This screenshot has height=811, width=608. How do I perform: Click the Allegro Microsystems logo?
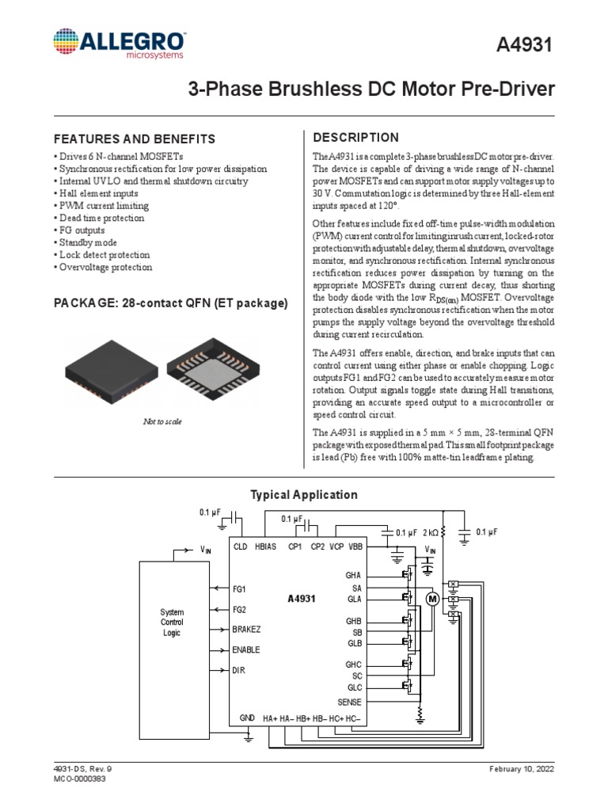click(120, 44)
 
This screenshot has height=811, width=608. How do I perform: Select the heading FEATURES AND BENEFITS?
click(134, 139)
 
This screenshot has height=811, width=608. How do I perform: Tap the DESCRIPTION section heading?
click(356, 138)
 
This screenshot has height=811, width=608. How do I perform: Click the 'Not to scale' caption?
click(162, 421)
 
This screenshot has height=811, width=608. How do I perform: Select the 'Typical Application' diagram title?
click(304, 495)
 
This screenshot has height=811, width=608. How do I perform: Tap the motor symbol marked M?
click(432, 600)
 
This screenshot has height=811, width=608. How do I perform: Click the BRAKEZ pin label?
click(247, 630)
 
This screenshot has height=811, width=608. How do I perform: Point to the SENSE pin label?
click(349, 702)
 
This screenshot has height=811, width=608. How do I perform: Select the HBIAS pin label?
click(266, 547)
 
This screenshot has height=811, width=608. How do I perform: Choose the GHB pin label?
click(352, 621)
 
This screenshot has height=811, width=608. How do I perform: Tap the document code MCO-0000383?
click(79, 779)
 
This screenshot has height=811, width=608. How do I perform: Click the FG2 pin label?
click(239, 610)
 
